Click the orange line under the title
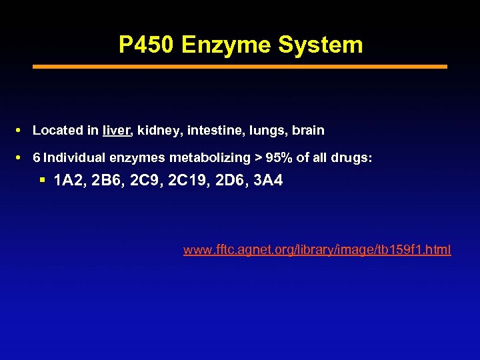(x=240, y=67)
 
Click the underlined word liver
(x=117, y=131)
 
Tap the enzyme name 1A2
(x=67, y=180)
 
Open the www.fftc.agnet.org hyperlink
(x=317, y=250)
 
